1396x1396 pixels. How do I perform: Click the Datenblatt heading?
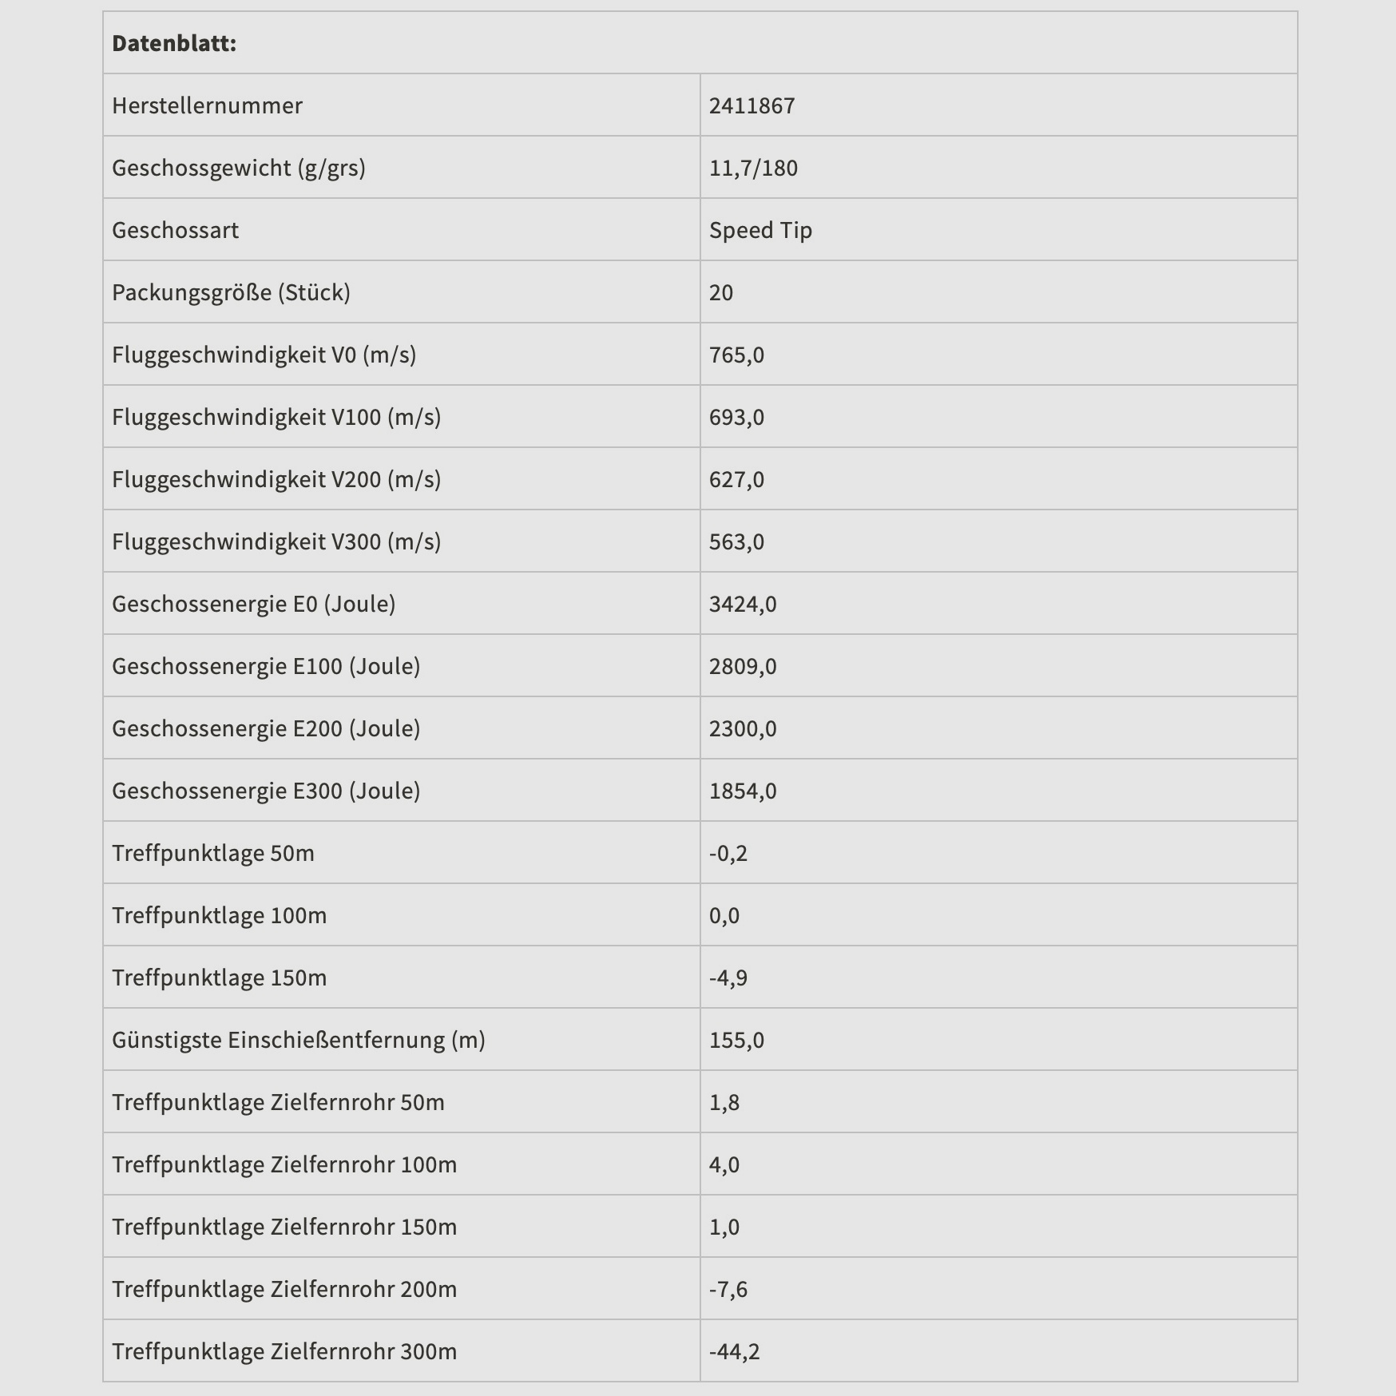click(x=174, y=43)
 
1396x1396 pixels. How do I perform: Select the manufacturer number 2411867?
click(x=752, y=105)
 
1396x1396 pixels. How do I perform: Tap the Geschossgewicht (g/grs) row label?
click(x=238, y=168)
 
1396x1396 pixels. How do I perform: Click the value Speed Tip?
click(x=760, y=230)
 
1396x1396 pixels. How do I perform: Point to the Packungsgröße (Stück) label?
click(x=231, y=292)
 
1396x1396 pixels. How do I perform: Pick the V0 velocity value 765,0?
click(x=736, y=355)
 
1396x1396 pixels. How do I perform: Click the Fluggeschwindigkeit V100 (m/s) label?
click(x=276, y=417)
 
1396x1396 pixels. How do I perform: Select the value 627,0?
click(x=736, y=479)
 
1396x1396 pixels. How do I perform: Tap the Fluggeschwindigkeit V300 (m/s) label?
click(x=276, y=541)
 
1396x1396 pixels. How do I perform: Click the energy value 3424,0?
click(x=743, y=604)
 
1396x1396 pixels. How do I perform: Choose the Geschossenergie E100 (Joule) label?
click(x=266, y=666)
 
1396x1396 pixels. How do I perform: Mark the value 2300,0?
click(x=743, y=728)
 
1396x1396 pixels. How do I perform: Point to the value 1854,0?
click(x=743, y=791)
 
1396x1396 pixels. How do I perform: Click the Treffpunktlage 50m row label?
click(x=213, y=853)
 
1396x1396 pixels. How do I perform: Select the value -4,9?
click(x=728, y=978)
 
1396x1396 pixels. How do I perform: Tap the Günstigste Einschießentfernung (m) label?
click(x=299, y=1040)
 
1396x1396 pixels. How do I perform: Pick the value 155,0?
click(x=736, y=1040)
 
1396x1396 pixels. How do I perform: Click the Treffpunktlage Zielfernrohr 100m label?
click(x=284, y=1164)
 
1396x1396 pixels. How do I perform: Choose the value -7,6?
click(x=728, y=1289)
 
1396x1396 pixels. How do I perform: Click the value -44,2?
click(x=734, y=1351)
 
